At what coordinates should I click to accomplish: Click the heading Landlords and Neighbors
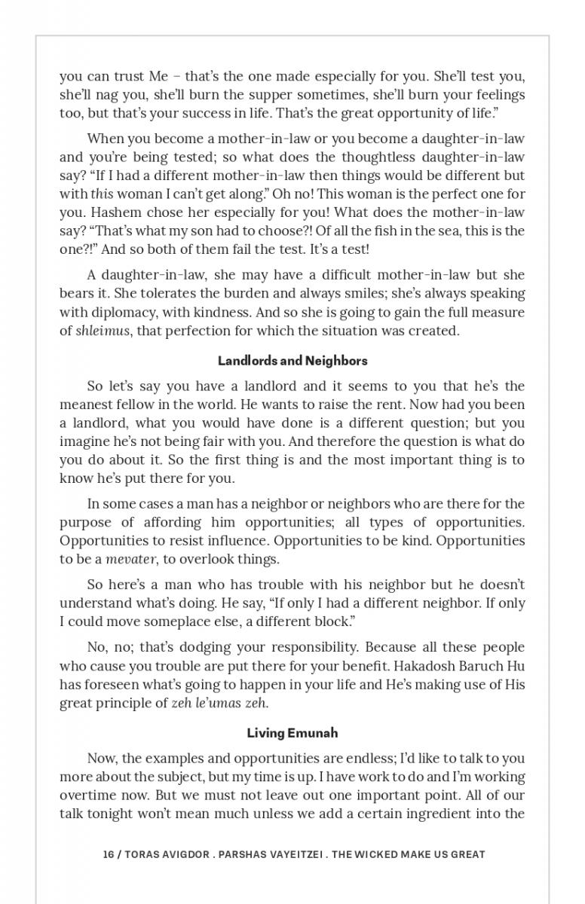(292, 361)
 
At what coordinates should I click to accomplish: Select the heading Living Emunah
(292, 733)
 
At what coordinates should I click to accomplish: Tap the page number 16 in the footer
(109, 854)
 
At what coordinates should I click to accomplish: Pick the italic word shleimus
(103, 331)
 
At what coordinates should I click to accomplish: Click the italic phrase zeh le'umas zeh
(219, 704)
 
